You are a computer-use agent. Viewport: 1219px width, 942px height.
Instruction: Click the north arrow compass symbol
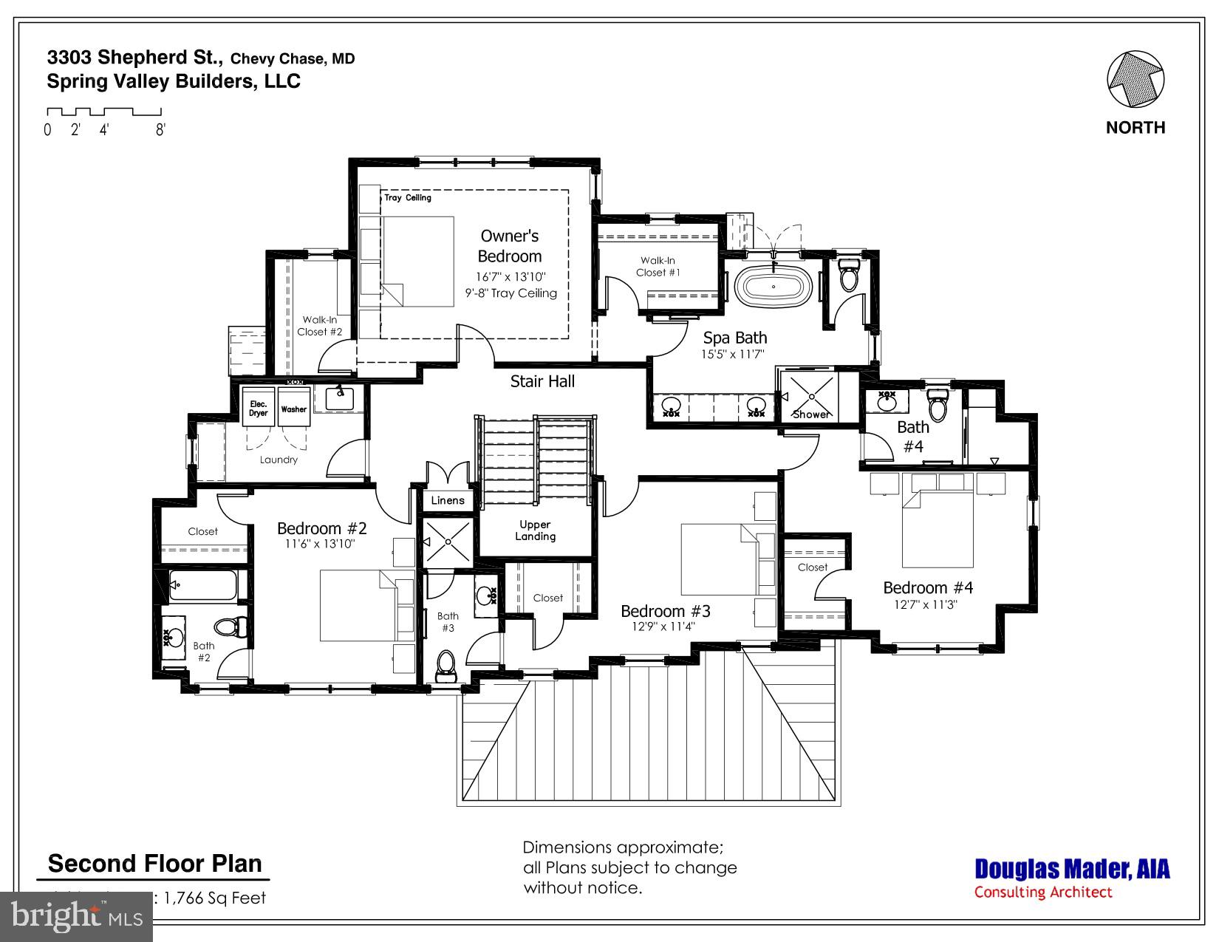(x=1136, y=79)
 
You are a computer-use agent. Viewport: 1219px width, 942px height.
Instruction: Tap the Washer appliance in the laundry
(x=293, y=408)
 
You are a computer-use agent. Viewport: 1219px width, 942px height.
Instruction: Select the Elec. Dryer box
(x=259, y=408)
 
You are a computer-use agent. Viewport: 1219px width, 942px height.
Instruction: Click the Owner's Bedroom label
(x=510, y=246)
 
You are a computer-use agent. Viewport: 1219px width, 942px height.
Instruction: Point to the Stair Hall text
(x=542, y=381)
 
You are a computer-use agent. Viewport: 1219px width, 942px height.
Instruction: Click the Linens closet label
(x=448, y=500)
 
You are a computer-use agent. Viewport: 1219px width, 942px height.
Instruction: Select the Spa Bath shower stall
(x=810, y=395)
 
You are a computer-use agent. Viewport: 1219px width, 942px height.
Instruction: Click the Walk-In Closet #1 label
(x=658, y=266)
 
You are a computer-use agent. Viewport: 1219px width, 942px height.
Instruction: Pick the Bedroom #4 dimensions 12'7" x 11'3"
(x=926, y=604)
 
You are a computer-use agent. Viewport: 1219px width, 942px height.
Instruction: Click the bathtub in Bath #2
(x=202, y=585)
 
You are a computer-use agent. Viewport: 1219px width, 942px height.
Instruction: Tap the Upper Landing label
(x=535, y=530)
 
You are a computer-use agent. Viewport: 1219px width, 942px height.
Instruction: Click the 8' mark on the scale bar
(x=160, y=130)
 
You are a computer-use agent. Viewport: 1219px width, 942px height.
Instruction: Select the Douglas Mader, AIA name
(x=1072, y=869)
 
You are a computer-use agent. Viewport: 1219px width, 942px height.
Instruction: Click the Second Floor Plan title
(x=154, y=864)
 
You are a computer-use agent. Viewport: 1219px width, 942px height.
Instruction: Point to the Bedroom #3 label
(x=665, y=611)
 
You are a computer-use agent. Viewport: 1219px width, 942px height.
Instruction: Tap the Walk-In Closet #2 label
(x=319, y=326)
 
